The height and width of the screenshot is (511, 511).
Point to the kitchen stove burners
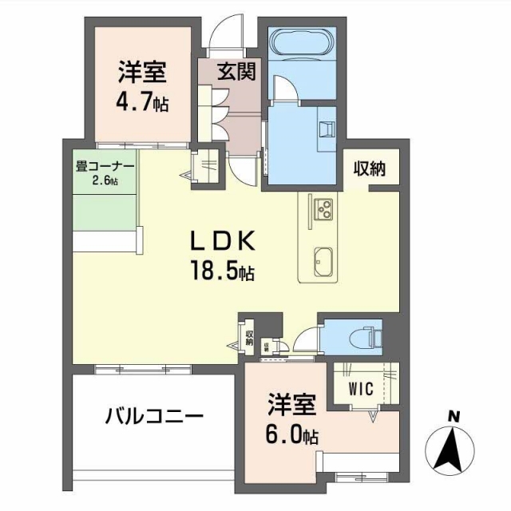click(x=324, y=209)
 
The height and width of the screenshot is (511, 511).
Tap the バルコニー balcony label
click(x=155, y=417)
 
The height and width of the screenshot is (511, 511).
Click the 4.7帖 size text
click(x=142, y=103)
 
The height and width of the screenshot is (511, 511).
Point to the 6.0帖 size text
click(x=293, y=436)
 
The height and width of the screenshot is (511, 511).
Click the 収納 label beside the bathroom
click(x=370, y=168)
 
